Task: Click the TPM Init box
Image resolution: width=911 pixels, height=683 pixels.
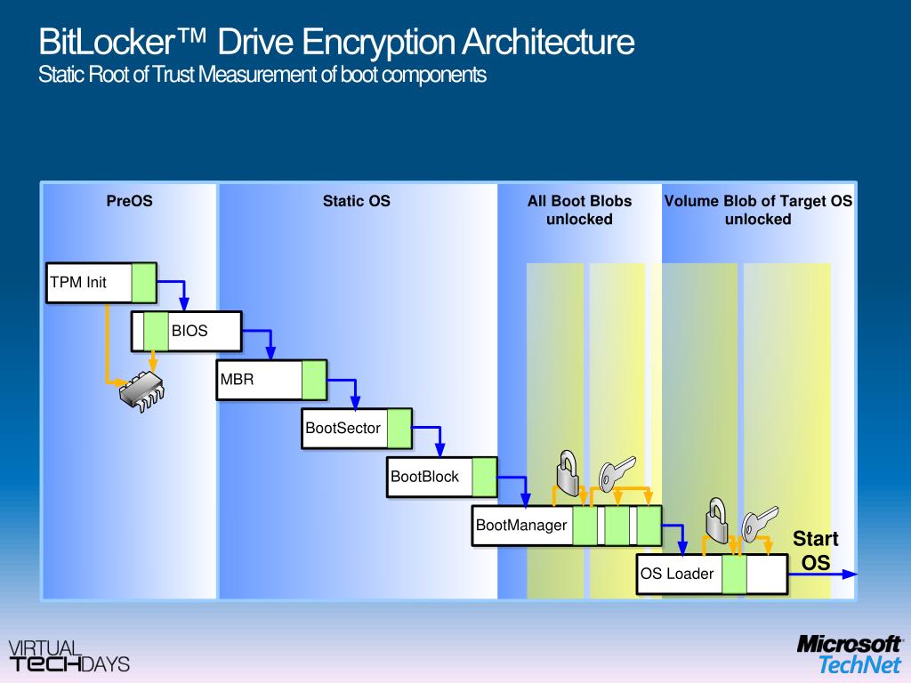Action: pyautogui.click(x=90, y=283)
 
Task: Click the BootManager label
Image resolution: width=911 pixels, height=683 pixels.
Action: pyautogui.click(x=521, y=525)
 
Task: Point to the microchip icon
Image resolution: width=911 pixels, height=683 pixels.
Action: pyautogui.click(x=142, y=387)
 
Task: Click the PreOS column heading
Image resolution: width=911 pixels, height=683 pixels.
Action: pyautogui.click(x=129, y=201)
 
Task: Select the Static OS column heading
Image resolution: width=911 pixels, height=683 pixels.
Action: pyautogui.click(x=356, y=201)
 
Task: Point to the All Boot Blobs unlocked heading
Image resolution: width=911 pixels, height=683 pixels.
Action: pyautogui.click(x=579, y=210)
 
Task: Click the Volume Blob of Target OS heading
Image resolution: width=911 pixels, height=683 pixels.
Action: pyautogui.click(x=758, y=210)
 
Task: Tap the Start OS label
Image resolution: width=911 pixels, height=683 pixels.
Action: pyautogui.click(x=815, y=550)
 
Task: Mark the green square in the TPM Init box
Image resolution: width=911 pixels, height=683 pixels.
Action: pyautogui.click(x=144, y=283)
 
